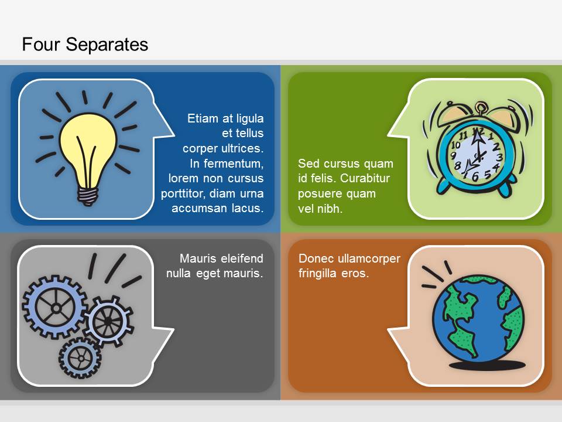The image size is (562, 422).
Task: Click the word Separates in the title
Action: (107, 45)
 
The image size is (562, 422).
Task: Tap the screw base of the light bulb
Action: (88, 196)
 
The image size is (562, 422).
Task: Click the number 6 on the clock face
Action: (475, 176)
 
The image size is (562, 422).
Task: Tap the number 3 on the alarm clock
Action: (499, 157)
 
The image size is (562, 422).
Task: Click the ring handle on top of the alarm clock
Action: (480, 107)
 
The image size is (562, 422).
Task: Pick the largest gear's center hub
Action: (56, 308)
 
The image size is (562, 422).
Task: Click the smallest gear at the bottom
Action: (80, 358)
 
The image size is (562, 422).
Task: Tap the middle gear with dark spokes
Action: (108, 321)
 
